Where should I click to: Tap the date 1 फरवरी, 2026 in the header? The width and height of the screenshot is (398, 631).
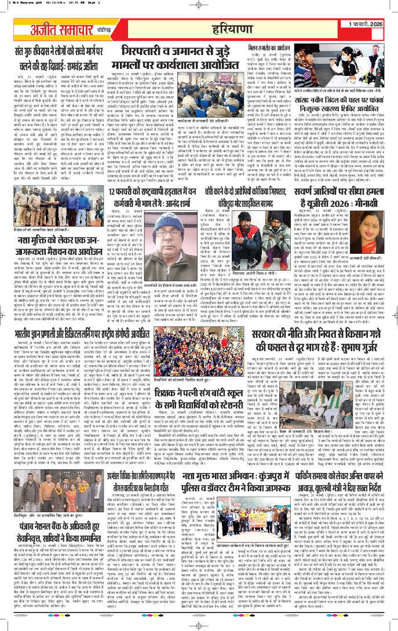tap(368, 23)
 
